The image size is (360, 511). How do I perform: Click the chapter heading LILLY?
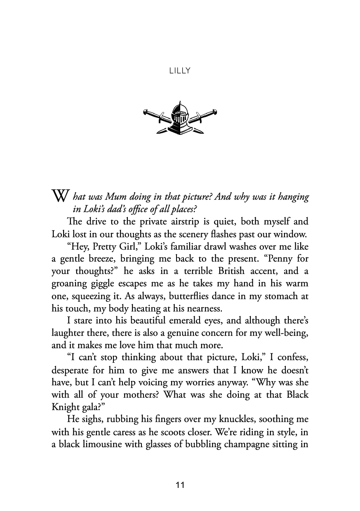pyautogui.click(x=180, y=71)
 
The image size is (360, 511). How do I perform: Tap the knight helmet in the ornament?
pyautogui.click(x=180, y=117)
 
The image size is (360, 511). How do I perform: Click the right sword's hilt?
pyautogui.click(x=212, y=112)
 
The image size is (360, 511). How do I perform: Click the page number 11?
pyautogui.click(x=180, y=485)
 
